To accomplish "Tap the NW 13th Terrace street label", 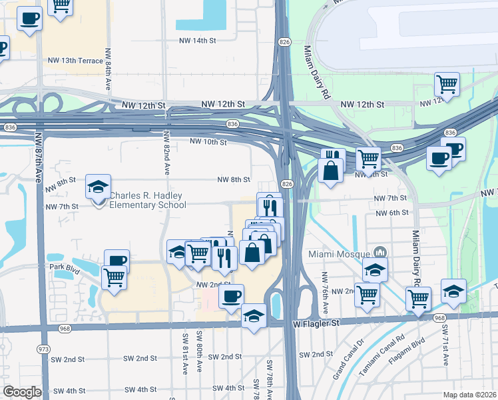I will click(75, 61).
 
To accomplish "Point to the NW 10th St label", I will click(208, 141).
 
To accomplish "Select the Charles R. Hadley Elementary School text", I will click(147, 201).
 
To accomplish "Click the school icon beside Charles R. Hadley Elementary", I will click(98, 188).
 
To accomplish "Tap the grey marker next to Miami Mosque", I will click(380, 253).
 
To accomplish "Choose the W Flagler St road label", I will click(316, 323).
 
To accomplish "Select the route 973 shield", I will click(44, 349).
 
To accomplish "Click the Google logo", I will click(23, 392).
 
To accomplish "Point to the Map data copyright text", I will click(469, 395).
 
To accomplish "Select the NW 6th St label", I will click(391, 213).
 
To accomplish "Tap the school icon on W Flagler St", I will click(254, 315).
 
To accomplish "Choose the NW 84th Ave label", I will click(108, 70).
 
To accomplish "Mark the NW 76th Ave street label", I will click(326, 294).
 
